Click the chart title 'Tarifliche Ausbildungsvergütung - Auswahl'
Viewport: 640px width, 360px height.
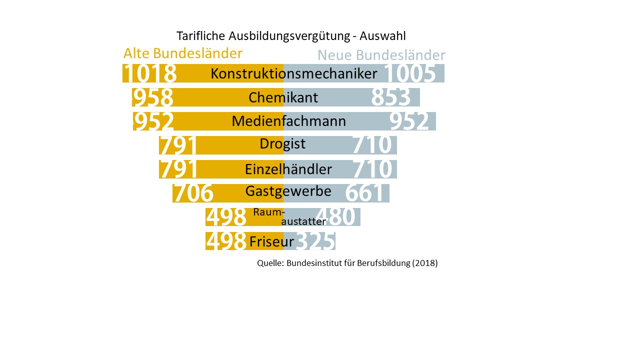(x=291, y=36)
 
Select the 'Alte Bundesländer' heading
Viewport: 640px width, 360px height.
(x=183, y=53)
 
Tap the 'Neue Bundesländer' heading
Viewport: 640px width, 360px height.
(x=381, y=55)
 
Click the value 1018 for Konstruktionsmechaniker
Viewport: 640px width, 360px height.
(x=150, y=73)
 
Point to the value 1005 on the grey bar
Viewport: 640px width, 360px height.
(x=410, y=73)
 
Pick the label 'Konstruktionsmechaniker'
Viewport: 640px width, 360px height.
(x=294, y=73)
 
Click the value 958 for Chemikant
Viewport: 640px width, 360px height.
(x=153, y=97)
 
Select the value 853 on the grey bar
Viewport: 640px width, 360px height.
(x=390, y=97)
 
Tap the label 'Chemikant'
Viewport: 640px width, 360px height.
(x=283, y=97)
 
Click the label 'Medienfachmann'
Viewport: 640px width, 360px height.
(x=289, y=121)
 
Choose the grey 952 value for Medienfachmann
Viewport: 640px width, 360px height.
(x=409, y=121)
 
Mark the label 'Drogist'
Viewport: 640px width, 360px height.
(x=282, y=144)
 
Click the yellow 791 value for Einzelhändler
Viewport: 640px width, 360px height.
(x=178, y=169)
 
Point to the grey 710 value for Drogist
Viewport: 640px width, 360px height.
(x=372, y=145)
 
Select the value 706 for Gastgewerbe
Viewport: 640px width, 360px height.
(x=193, y=193)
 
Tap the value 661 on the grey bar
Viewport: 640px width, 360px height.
(x=365, y=193)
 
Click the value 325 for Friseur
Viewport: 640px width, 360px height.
(x=315, y=241)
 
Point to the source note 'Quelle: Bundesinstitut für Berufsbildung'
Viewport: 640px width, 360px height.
(x=347, y=263)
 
